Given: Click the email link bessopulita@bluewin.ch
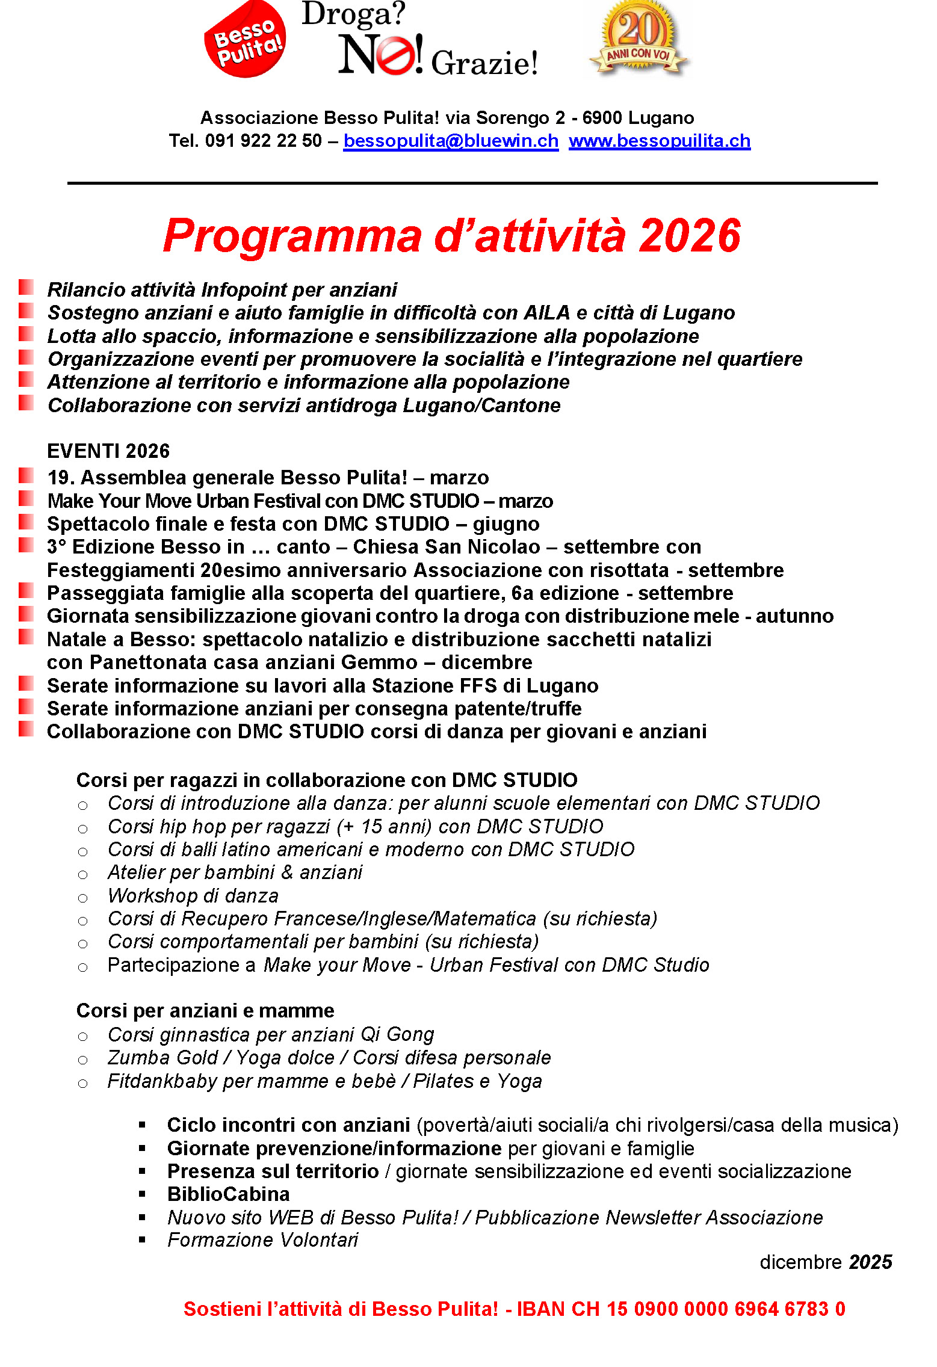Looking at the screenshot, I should (450, 141).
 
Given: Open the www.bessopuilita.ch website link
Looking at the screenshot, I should (659, 141).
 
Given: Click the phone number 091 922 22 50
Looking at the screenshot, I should (264, 141).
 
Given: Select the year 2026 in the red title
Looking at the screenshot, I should (690, 236).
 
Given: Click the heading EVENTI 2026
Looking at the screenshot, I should (108, 451).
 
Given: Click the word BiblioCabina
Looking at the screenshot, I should (228, 1194).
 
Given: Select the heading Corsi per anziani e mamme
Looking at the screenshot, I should (205, 1010).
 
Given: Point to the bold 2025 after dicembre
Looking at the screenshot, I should (870, 1262).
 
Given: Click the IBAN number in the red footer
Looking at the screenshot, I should (681, 1309).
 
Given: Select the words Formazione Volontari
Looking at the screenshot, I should (262, 1240).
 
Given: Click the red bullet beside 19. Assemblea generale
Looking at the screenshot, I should (26, 476).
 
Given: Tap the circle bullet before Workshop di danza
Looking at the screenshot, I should (83, 898).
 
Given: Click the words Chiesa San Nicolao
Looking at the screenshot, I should (447, 546).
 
